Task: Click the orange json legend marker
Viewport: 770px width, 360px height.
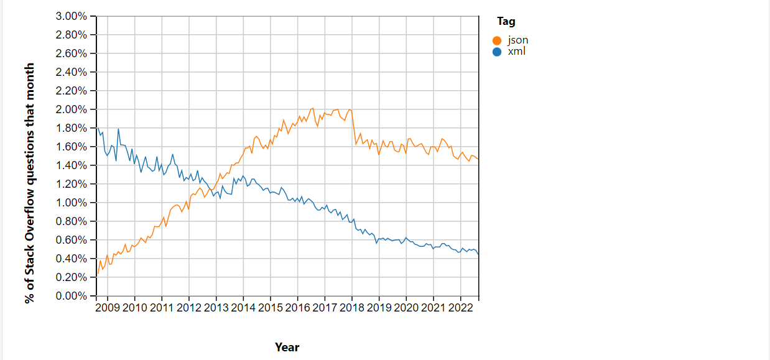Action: (x=496, y=41)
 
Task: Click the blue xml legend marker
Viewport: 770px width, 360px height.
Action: (x=496, y=52)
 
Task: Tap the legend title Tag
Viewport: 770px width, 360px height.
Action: (x=506, y=22)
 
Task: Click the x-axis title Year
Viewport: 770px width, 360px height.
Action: (x=287, y=348)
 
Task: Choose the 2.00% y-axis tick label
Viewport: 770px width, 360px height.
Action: (x=72, y=109)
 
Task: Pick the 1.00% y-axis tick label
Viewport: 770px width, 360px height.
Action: (x=72, y=203)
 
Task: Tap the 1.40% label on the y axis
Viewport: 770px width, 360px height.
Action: (x=72, y=165)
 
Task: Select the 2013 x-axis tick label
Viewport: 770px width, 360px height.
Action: (x=216, y=308)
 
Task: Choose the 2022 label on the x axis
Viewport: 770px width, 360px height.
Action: (x=460, y=308)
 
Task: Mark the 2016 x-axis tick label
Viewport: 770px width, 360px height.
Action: (x=297, y=308)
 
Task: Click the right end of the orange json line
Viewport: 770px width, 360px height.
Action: (x=478, y=160)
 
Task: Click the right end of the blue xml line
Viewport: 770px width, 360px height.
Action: (x=478, y=254)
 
